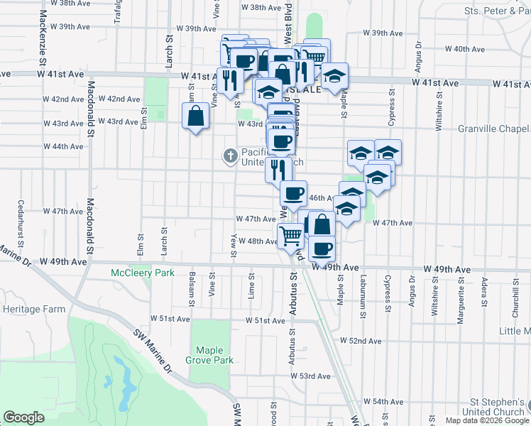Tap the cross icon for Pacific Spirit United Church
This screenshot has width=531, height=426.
tap(230, 155)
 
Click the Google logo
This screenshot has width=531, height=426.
tap(23, 417)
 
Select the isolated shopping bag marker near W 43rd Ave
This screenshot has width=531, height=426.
tap(196, 116)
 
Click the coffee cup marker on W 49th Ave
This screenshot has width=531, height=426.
tap(322, 248)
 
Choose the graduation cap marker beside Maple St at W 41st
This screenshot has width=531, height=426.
tap(334, 75)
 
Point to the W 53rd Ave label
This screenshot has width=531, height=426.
tap(315, 376)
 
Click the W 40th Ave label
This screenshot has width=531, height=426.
tap(469, 49)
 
